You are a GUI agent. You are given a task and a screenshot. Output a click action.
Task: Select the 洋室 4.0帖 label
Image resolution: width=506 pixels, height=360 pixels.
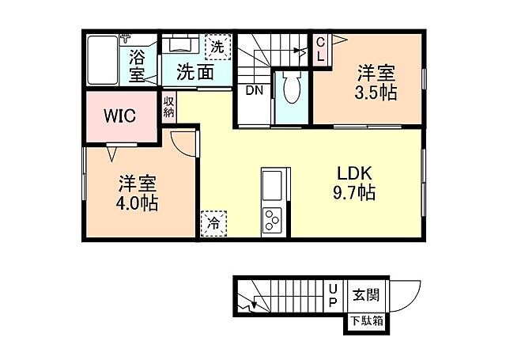[138, 193]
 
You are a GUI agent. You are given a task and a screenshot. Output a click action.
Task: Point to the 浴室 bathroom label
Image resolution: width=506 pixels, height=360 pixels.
[138, 66]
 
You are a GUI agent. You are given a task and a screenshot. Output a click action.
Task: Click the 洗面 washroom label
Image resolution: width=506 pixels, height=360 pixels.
[193, 72]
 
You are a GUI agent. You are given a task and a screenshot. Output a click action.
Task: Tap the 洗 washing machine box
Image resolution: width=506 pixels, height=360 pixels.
[217, 47]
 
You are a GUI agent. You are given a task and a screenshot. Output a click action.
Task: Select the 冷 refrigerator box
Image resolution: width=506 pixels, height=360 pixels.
[213, 224]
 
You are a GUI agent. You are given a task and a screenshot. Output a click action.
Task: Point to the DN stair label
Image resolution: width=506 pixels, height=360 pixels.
[254, 90]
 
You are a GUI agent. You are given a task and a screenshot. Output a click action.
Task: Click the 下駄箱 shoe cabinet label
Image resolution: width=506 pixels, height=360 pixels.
[368, 320]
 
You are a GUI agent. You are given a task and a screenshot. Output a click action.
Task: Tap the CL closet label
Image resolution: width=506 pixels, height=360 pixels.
[321, 50]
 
